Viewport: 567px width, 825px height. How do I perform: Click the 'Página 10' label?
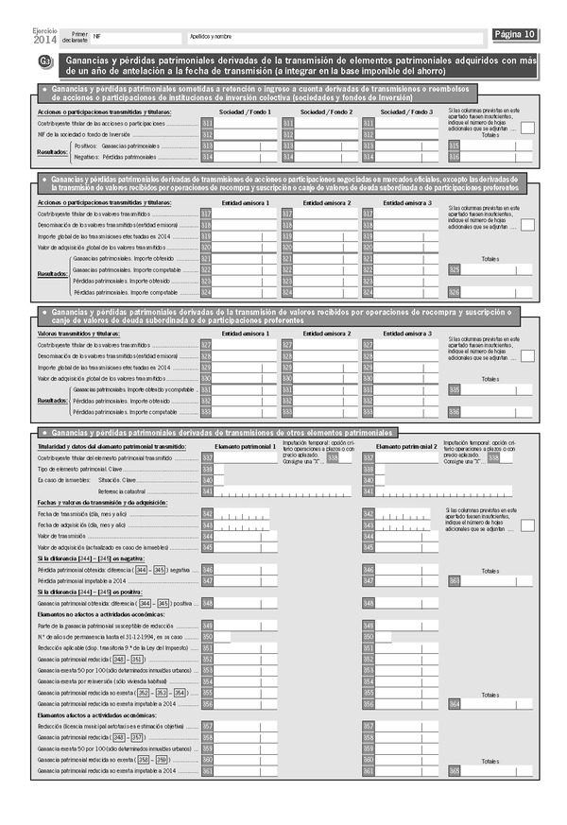pyautogui.click(x=516, y=35)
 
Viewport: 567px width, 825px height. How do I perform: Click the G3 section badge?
pyautogui.click(x=44, y=62)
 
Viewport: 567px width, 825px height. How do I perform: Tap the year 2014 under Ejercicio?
pyautogui.click(x=44, y=41)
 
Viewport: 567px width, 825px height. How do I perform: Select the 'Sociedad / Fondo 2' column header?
pyautogui.click(x=326, y=112)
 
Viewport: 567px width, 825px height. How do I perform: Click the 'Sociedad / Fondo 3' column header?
pyautogui.click(x=406, y=112)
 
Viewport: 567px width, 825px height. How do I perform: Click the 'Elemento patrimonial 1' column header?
pyautogui.click(x=246, y=446)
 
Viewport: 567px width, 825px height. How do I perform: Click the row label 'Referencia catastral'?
pyautogui.click(x=123, y=491)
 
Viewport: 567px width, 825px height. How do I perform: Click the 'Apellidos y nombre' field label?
pyautogui.click(x=211, y=36)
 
